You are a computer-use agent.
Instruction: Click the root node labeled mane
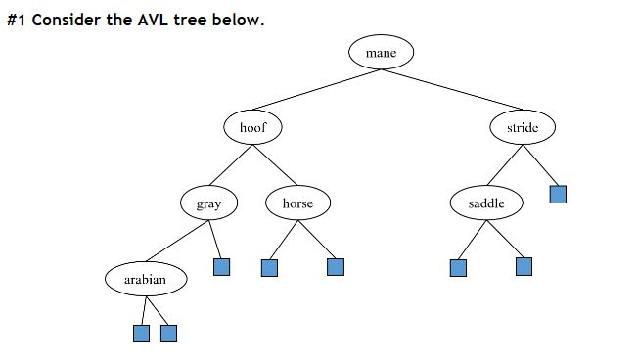381,53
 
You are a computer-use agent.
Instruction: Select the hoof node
252,127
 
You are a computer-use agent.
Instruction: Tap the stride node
523,127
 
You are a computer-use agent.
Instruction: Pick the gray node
208,203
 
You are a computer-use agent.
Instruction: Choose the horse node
297,203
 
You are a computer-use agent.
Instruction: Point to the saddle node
486,203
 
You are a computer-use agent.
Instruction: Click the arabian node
145,280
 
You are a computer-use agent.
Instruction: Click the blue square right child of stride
558,194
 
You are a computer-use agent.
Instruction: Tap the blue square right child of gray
222,266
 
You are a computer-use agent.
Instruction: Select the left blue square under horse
270,267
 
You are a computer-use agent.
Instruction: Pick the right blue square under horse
336,266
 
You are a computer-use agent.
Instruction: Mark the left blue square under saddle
458,267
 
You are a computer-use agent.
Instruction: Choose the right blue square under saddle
524,266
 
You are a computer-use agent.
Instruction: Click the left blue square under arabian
141,334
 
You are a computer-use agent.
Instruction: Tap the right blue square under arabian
168,334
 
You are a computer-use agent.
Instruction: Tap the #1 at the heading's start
17,20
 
